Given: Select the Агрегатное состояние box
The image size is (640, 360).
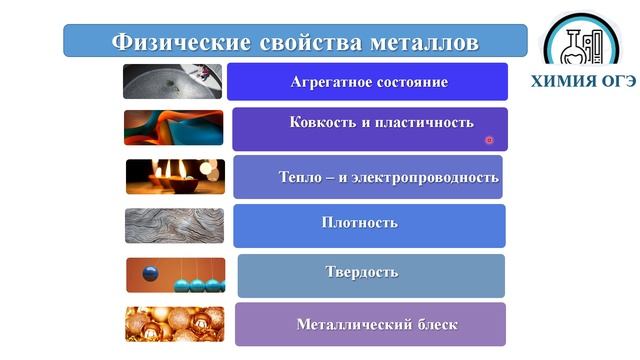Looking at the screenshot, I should tap(368, 82).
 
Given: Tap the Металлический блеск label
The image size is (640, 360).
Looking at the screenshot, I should tap(377, 325).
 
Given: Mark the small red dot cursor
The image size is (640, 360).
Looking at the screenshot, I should tap(489, 141).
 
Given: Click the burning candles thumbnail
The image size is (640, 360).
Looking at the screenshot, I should tap(174, 176).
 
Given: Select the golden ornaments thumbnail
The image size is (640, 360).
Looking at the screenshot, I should tap(174, 324).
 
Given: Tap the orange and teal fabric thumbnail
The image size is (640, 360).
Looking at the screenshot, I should tap(173, 127).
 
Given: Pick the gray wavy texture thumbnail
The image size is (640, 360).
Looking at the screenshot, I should tap(174, 225).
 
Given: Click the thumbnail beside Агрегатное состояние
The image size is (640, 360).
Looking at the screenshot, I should tap(172, 81).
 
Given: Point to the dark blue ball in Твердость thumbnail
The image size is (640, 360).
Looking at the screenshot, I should tap(150, 273).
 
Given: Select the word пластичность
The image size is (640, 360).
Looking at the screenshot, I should tap(426, 122).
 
